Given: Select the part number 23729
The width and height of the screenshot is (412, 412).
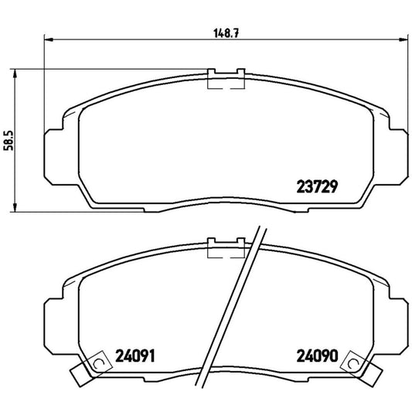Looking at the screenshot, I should [x=318, y=187].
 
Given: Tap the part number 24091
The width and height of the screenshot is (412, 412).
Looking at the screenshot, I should [x=133, y=357].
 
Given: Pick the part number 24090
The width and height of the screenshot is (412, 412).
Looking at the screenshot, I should [x=318, y=357].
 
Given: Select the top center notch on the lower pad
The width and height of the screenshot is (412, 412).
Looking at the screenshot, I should [x=226, y=247].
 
